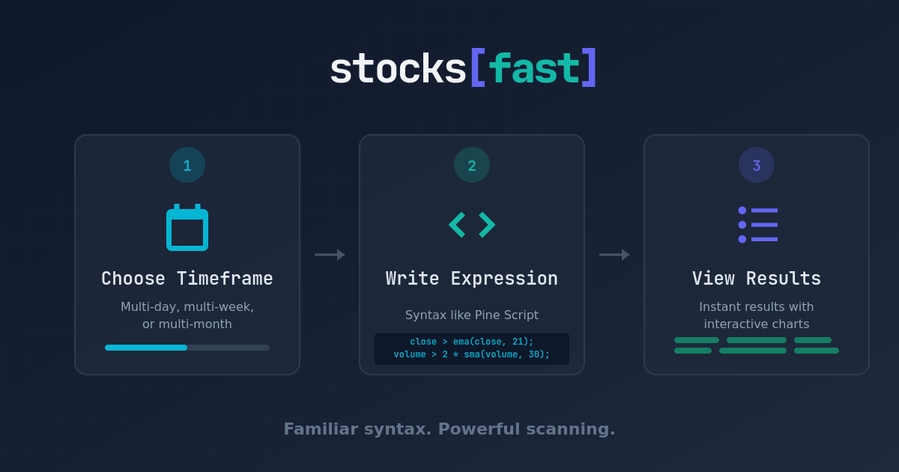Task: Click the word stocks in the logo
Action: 397,69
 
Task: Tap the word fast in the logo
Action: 533,69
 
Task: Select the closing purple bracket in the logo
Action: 589,69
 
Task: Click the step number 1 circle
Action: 187,166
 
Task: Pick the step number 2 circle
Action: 472,166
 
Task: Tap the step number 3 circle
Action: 757,166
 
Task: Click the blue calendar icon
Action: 187,228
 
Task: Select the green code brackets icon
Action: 472,225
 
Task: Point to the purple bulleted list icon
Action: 757,225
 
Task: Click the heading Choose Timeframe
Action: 187,279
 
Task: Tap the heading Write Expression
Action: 472,279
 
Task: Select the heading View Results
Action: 757,279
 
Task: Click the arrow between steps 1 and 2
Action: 330,255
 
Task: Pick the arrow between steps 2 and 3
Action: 614,255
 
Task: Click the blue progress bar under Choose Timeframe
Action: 146,348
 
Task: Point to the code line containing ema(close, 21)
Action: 472,342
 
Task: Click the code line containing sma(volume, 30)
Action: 472,354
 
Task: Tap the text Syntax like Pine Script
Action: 472,315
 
